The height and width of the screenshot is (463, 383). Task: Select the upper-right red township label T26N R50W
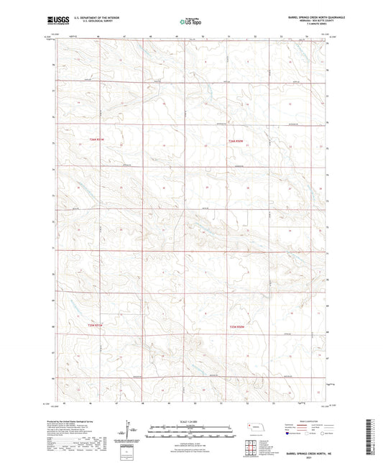pos(236,140)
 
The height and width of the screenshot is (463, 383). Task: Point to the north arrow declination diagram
pos(130,433)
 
